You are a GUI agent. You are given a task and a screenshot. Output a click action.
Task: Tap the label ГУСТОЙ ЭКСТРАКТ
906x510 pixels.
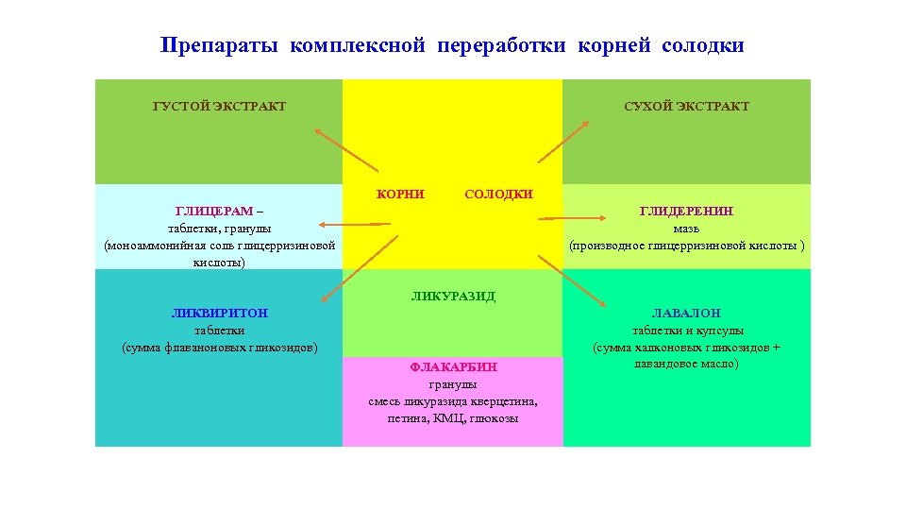220,107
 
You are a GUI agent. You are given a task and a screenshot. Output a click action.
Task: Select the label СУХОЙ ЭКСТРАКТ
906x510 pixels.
686,107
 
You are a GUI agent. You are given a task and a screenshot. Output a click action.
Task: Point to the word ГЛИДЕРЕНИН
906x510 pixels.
686,211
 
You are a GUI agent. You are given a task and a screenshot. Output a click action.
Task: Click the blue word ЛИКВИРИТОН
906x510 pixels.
220,313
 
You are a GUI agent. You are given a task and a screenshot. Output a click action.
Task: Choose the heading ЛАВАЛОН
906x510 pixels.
686,313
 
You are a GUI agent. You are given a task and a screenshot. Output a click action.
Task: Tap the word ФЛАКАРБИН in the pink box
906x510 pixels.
453,366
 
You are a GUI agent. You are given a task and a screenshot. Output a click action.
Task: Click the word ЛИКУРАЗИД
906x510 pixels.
453,296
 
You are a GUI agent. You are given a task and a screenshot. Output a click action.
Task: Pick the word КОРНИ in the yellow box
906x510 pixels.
401,195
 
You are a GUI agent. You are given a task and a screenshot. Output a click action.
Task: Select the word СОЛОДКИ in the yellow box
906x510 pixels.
498,195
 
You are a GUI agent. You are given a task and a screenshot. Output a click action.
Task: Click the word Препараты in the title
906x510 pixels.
220,45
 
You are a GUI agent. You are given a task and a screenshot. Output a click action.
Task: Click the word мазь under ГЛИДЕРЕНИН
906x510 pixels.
686,228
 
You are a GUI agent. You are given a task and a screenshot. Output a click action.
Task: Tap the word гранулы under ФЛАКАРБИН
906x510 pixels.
453,384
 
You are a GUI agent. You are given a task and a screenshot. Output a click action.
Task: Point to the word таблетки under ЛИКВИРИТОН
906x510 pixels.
220,330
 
